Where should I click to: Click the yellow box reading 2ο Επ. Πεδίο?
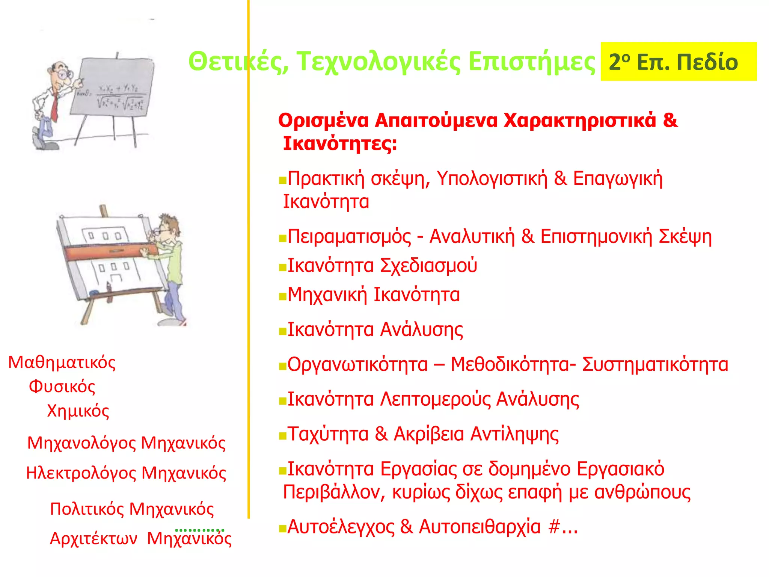coord(678,62)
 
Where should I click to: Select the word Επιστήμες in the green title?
coord(531,61)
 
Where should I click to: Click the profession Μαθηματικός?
coord(62,363)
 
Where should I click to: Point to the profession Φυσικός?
coord(62,387)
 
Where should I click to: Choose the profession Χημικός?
coord(78,411)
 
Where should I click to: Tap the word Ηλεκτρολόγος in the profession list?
coord(81,473)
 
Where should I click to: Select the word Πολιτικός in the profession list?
coord(87,509)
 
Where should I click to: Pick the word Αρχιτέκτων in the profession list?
coord(93,539)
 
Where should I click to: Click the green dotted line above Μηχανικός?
coord(199,530)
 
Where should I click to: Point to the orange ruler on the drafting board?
coord(109,251)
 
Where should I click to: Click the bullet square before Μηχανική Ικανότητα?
coord(282,297)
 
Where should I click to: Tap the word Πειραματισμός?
coord(349,237)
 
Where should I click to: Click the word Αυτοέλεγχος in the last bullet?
coord(341,527)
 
